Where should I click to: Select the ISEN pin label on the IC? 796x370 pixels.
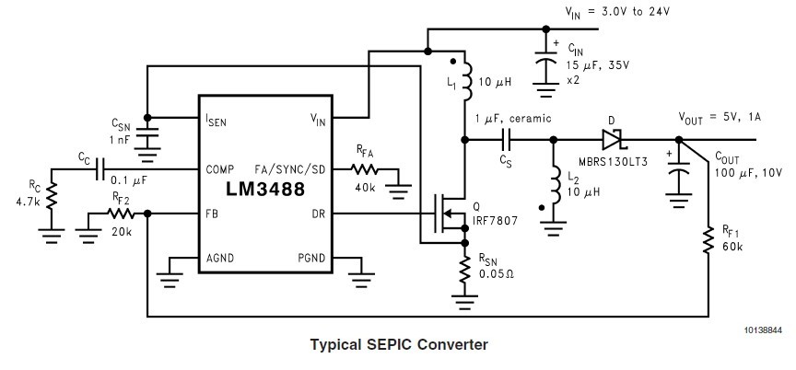click(217, 120)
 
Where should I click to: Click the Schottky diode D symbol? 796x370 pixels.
click(613, 140)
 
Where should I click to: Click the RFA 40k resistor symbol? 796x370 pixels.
click(366, 169)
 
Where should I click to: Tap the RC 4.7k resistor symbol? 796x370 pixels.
click(53, 195)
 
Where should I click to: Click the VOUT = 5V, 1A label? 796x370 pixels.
click(717, 118)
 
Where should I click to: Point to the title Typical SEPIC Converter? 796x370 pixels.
click(398, 345)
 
